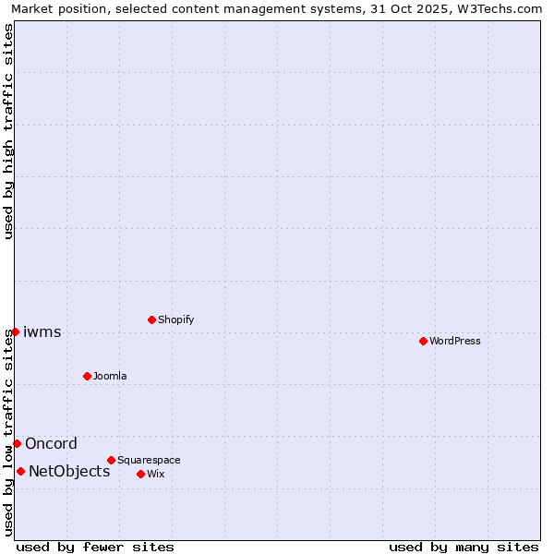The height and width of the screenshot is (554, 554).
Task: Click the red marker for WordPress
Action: [423, 341]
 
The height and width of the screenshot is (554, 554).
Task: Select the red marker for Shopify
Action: [151, 319]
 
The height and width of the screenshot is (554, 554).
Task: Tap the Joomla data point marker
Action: [87, 376]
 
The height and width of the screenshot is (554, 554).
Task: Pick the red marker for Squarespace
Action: [111, 460]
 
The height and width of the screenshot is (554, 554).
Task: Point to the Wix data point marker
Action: [140, 474]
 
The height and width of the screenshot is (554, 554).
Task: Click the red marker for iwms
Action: [15, 331]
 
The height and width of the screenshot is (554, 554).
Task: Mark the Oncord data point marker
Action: [17, 443]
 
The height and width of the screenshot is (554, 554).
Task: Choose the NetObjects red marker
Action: [20, 471]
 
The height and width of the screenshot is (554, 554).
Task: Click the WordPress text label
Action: [455, 341]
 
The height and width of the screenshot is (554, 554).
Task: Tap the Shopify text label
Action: [176, 319]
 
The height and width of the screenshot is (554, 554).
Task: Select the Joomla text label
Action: [110, 376]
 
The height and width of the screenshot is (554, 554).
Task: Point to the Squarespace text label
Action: [149, 460]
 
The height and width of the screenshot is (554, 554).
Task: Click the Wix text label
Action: [156, 474]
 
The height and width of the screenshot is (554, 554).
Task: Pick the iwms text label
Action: [42, 331]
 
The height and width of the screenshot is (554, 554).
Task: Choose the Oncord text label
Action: [51, 443]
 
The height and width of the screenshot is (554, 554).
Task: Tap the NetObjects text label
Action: [69, 471]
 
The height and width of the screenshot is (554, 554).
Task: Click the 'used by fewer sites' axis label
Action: [95, 547]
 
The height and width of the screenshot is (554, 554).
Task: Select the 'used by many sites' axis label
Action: [464, 547]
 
